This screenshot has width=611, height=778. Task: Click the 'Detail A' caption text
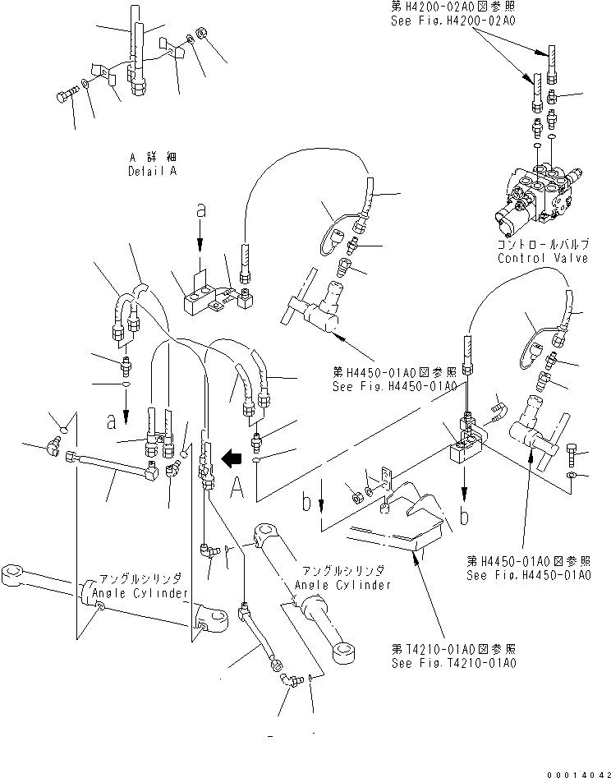click(x=154, y=172)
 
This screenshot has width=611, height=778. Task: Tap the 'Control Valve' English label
click(x=543, y=258)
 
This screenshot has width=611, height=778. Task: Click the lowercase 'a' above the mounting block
click(x=199, y=212)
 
